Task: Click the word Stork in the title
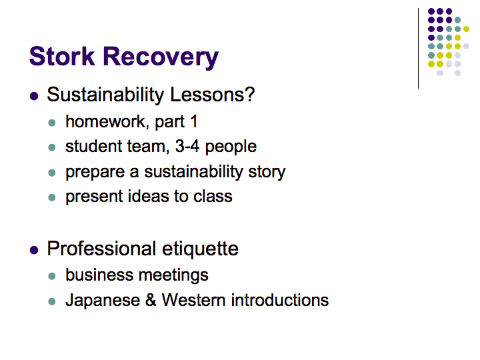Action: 62,56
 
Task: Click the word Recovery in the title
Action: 161,58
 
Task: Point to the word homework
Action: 105,121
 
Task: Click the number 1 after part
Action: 194,121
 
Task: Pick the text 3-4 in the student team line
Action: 187,146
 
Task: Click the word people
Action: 231,147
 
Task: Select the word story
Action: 267,173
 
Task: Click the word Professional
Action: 101,248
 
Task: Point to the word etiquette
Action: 200,249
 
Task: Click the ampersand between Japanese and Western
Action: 151,300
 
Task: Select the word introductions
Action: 280,300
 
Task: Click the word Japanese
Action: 103,301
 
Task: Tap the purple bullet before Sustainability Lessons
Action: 34,96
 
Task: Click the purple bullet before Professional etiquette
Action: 34,250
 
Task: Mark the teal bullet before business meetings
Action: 52,276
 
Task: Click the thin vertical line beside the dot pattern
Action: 418,49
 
